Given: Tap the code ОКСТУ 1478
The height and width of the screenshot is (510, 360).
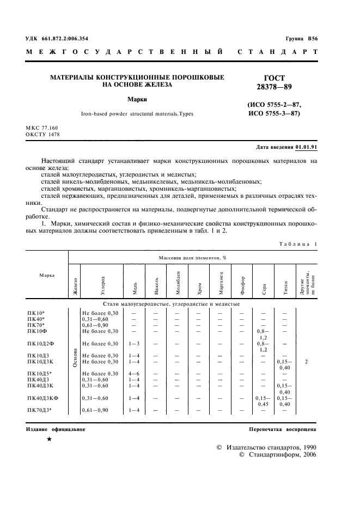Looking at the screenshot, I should [42, 134].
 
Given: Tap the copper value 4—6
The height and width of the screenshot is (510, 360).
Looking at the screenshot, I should [135, 373].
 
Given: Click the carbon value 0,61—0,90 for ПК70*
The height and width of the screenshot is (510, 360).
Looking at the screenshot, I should [96, 325].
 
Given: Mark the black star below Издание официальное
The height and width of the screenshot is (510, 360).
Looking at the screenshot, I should [50, 439].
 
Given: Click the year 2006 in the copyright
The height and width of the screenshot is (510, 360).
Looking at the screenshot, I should [310, 454].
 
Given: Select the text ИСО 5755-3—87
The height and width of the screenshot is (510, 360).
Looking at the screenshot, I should [273, 113].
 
